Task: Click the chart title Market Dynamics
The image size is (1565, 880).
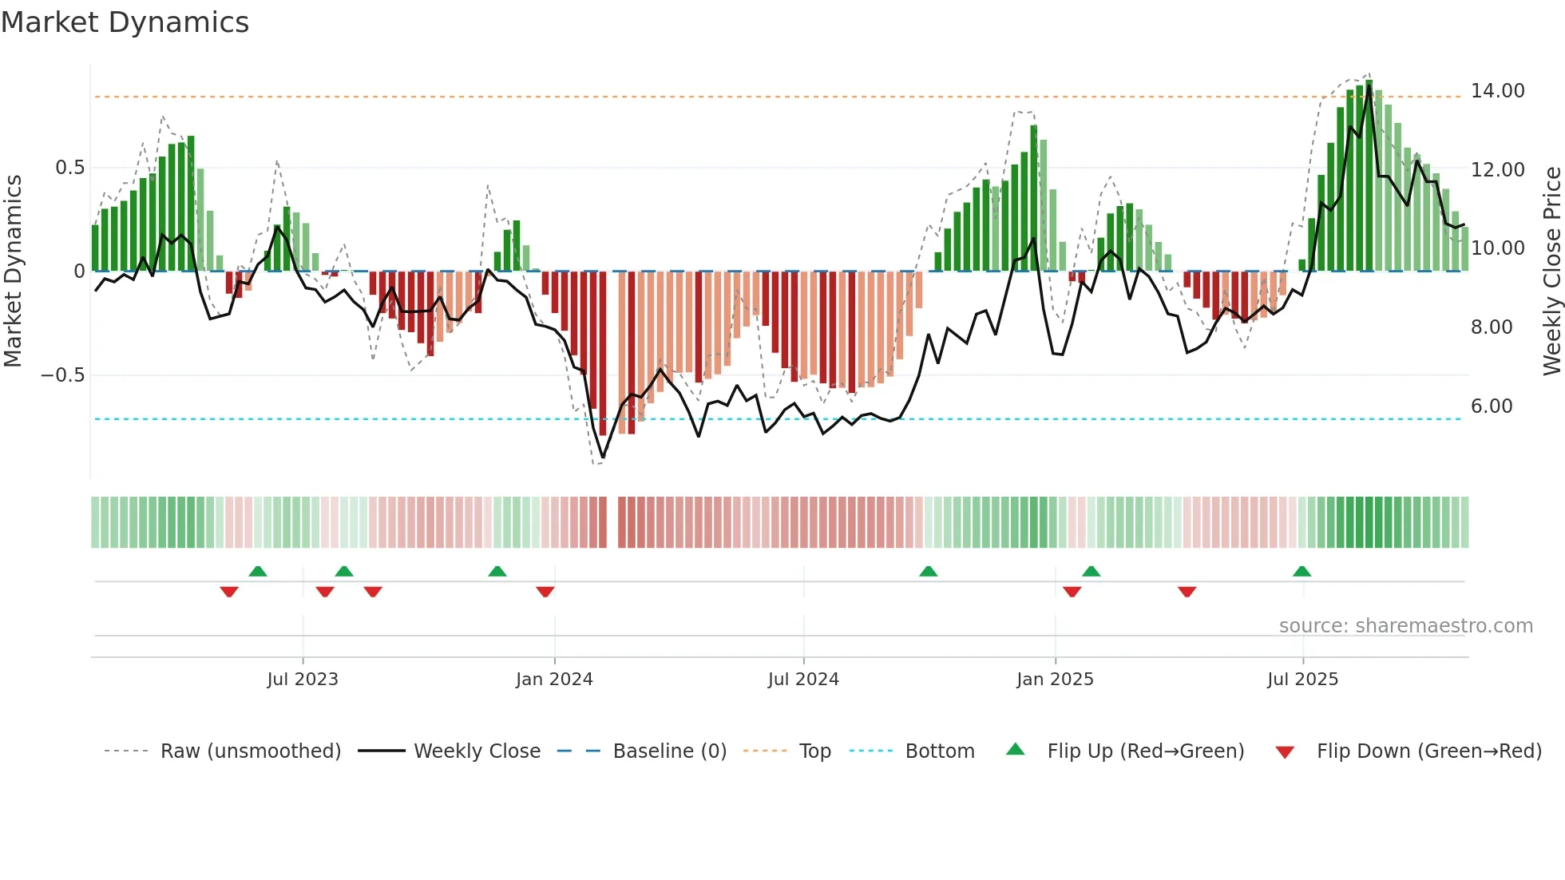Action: (125, 22)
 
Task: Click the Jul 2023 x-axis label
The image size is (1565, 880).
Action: (303, 680)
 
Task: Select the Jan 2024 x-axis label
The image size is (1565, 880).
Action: (554, 680)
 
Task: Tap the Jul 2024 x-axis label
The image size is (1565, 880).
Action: (803, 680)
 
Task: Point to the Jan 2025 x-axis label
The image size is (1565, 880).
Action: (1055, 680)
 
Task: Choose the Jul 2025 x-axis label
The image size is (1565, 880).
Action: (1302, 680)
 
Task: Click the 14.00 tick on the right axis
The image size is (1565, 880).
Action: (1497, 91)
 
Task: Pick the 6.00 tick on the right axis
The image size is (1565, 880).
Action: (1492, 406)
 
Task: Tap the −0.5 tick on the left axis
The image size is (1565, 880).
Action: (63, 375)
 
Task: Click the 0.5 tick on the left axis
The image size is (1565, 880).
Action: (69, 168)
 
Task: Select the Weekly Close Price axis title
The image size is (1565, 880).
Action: (1551, 271)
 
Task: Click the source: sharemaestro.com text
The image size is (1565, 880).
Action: (1405, 626)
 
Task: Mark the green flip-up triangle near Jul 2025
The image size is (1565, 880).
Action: (1302, 571)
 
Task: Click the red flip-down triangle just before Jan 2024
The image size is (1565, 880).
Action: (545, 592)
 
